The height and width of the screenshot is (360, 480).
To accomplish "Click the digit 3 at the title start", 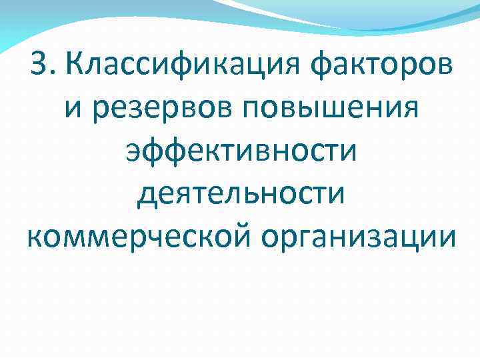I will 39,66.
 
